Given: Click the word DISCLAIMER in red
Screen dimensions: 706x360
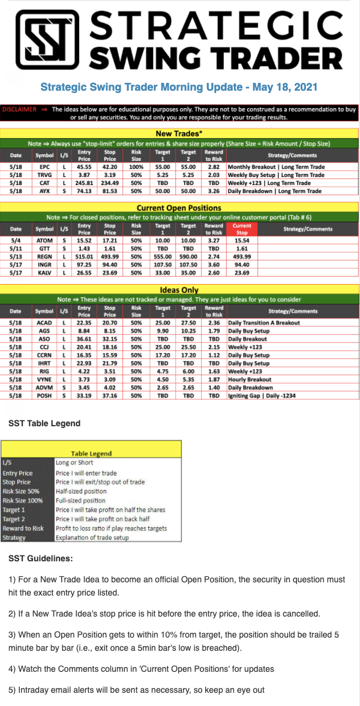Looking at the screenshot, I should coord(20,110).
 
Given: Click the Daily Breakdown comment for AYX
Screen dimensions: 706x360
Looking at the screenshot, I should coord(274,191).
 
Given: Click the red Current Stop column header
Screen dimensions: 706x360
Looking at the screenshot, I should coord(241,228).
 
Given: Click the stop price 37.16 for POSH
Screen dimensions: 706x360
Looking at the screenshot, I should coord(109,396).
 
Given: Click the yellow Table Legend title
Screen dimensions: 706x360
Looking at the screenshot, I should coord(91,454).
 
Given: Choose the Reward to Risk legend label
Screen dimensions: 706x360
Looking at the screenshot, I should coord(23,528).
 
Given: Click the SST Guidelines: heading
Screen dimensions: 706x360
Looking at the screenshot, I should coord(41,558).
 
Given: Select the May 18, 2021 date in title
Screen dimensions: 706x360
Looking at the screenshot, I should coord(285,87).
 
